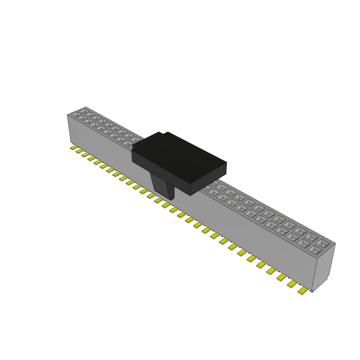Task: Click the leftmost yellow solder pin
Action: (73, 148)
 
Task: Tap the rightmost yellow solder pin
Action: (302, 291)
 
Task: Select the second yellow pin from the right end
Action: (292, 284)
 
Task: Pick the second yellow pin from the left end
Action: (79, 151)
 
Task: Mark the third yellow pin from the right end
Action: (282, 277)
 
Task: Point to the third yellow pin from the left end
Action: (85, 155)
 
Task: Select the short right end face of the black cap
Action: (208, 179)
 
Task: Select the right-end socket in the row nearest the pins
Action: (315, 250)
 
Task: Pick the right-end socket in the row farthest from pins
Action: (323, 243)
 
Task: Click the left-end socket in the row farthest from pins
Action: (84, 111)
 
